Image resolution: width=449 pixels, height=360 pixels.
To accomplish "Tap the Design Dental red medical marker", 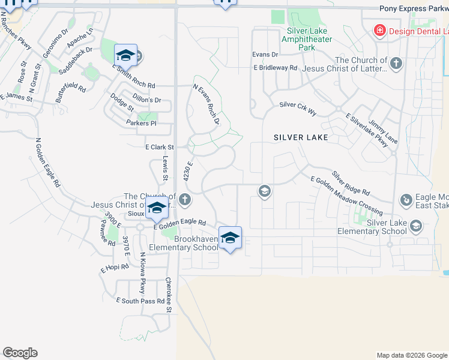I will (379, 30).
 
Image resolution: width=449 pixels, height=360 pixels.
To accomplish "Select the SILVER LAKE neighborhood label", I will (301, 137).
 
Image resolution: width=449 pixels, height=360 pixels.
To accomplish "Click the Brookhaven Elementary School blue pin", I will (230, 238).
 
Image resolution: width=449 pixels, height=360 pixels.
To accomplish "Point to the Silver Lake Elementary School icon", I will (416, 226).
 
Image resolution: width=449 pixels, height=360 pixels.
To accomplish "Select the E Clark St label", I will (159, 147).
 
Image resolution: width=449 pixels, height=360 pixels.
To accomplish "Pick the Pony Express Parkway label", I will (414, 8).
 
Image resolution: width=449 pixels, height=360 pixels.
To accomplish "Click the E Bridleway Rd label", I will (275, 68).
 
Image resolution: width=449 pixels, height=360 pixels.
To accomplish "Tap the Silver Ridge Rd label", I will (351, 183).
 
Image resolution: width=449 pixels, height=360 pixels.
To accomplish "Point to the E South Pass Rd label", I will (140, 300).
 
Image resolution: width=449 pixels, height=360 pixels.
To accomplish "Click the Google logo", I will (20, 353).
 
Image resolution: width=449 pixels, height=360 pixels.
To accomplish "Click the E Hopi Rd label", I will (115, 268).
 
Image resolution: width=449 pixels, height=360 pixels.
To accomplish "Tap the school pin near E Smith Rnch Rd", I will (126, 56).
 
